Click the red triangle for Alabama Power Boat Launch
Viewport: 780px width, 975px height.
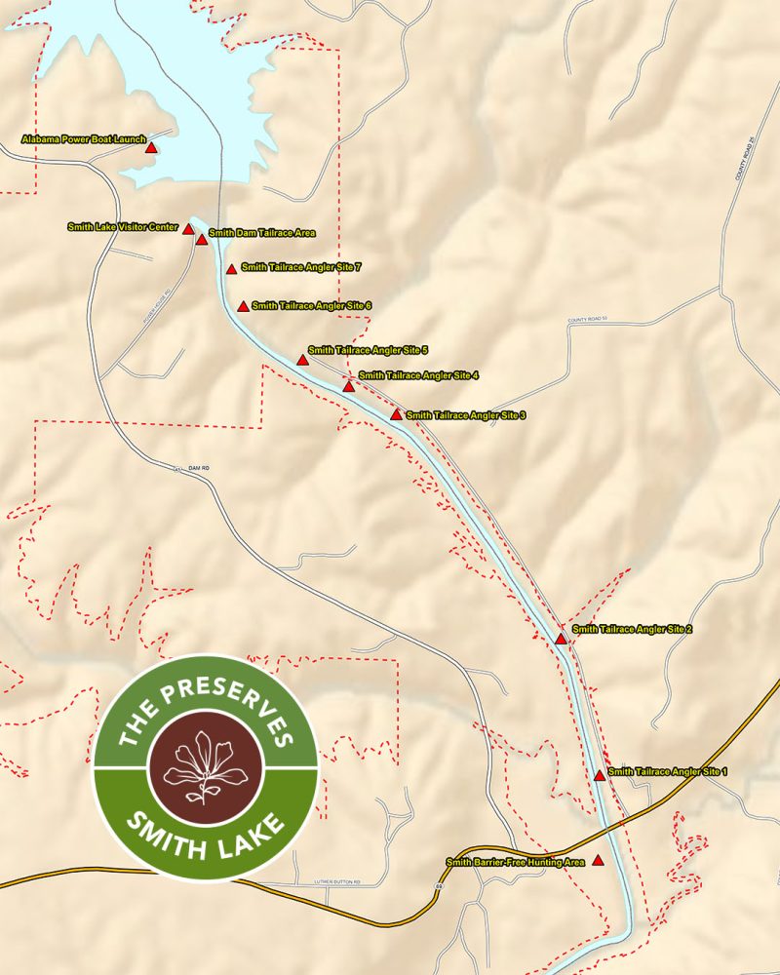point(151,148)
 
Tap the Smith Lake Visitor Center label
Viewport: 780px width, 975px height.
point(123,227)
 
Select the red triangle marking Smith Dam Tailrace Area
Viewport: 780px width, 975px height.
point(202,239)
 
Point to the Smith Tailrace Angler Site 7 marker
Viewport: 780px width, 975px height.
point(231,269)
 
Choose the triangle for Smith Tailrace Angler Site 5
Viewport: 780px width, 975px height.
point(302,360)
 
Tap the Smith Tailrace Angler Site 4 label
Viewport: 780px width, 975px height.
point(418,375)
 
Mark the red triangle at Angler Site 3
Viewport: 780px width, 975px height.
point(396,414)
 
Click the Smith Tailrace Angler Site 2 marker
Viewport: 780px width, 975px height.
point(561,640)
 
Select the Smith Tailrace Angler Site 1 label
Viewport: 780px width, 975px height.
point(667,771)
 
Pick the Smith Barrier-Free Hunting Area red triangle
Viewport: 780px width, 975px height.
point(598,861)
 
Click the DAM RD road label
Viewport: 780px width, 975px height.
point(199,468)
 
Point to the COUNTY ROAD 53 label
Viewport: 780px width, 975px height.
point(587,319)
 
